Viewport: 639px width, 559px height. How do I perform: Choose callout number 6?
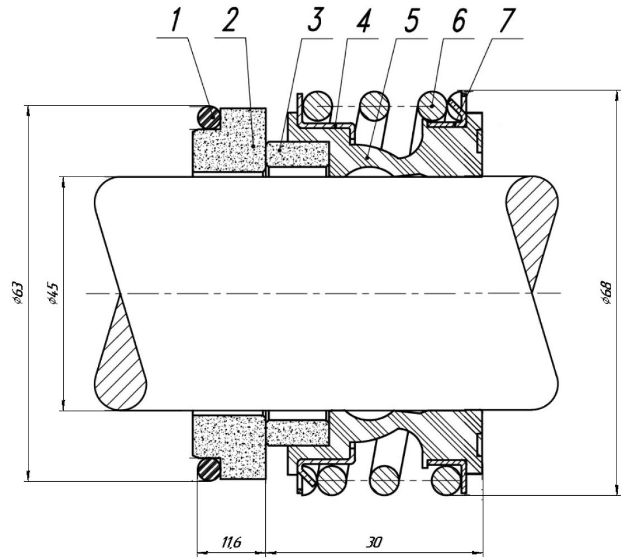[459, 21]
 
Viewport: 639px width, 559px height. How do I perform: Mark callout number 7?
[507, 21]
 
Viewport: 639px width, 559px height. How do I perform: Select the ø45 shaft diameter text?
[54, 293]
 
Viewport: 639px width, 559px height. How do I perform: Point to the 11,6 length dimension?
[231, 543]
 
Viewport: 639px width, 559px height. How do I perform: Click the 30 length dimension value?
[374, 543]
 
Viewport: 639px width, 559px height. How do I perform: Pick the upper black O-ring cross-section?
[209, 117]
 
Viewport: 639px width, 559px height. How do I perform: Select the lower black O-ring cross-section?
[209, 470]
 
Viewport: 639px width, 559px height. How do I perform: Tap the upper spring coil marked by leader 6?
[433, 106]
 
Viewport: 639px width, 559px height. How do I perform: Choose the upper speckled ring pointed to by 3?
[298, 154]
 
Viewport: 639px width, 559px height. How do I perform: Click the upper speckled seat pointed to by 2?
[230, 140]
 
